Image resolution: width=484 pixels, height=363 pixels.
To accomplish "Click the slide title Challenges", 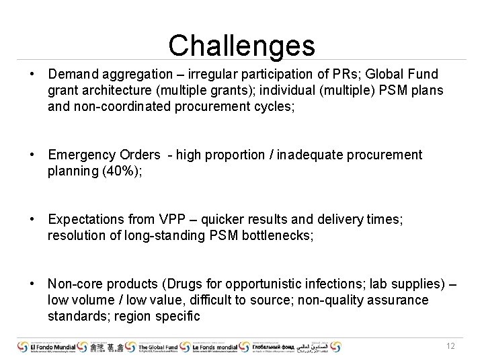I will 241,46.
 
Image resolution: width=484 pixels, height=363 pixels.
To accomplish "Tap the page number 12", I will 451,346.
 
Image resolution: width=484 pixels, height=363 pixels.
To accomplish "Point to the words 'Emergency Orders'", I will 104,155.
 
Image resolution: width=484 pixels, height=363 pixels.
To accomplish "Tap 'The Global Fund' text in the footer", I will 161,346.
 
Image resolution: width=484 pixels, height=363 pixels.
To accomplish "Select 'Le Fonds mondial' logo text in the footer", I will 216,346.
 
